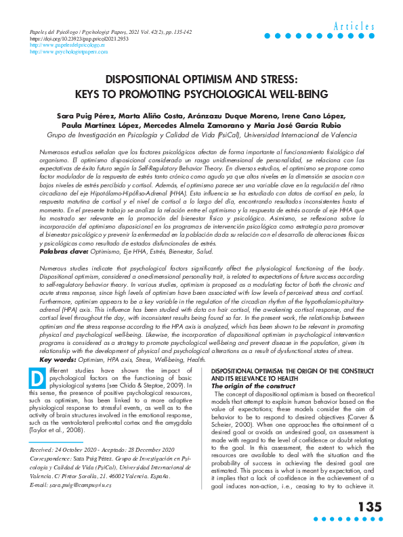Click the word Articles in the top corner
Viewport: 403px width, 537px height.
(x=354, y=26)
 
